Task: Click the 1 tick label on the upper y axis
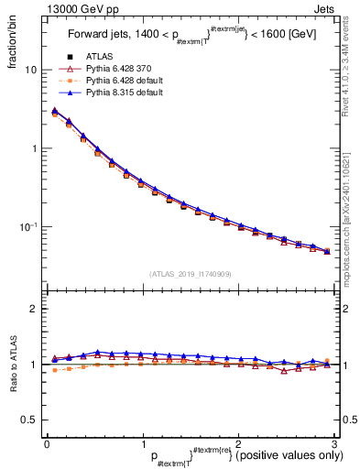coord(35,148)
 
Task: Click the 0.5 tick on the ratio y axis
coord(31,420)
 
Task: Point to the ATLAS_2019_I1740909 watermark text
coord(191,273)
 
